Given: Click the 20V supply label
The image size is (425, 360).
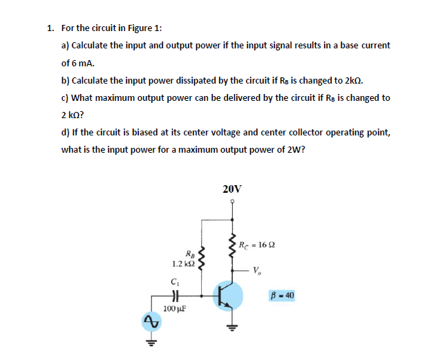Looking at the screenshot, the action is tap(232, 188).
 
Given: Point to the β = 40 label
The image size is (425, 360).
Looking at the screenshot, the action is tap(283, 295).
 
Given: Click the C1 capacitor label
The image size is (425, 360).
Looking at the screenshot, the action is tap(173, 281).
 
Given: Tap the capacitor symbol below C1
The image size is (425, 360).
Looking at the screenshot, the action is tap(173, 294).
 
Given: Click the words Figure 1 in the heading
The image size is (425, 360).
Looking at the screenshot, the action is tap(142, 28).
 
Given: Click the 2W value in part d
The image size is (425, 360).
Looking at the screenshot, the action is tap(295, 149).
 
